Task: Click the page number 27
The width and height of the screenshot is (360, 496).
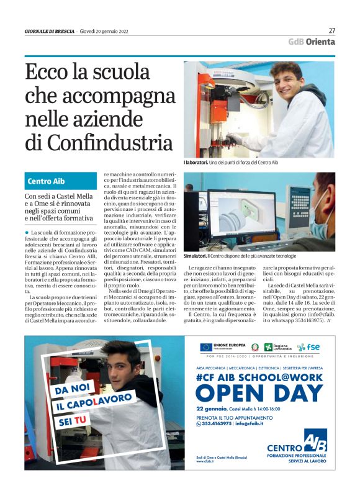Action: (x=331, y=30)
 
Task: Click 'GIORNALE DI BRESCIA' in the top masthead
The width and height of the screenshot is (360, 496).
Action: (x=50, y=31)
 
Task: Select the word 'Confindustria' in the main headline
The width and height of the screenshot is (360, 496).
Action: (x=99, y=142)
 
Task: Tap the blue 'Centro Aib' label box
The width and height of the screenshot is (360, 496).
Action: (x=47, y=181)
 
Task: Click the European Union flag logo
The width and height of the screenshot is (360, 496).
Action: (x=205, y=348)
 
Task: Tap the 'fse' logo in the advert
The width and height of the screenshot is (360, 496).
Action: (x=309, y=348)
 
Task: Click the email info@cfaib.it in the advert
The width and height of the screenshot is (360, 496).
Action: (x=250, y=423)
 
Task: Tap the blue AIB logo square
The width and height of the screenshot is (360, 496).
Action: (x=316, y=441)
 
